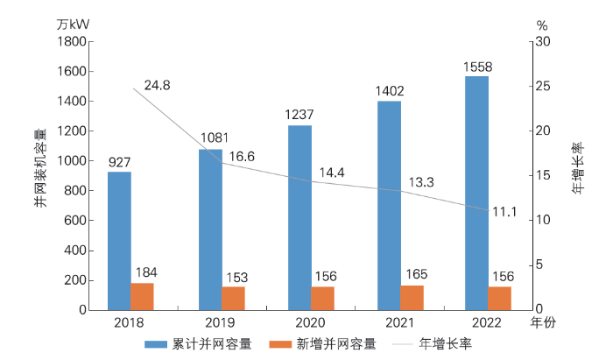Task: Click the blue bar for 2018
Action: tap(119, 241)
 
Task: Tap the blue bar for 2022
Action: tap(476, 193)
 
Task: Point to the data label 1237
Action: tap(299, 116)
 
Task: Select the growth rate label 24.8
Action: tap(159, 85)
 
